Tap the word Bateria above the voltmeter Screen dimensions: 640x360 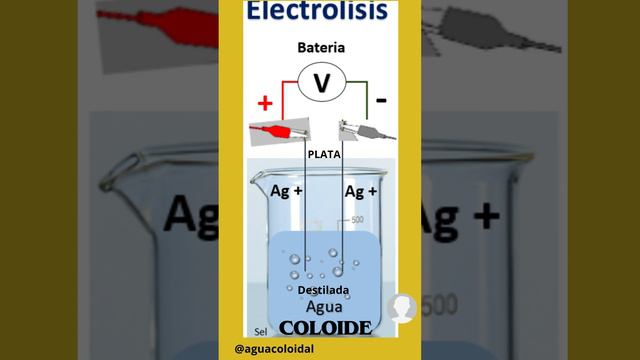tap(321, 47)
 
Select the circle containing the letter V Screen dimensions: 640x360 tap(322, 84)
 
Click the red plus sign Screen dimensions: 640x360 tap(265, 102)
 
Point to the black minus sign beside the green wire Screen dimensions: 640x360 tap(382, 101)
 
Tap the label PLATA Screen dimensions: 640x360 tap(325, 155)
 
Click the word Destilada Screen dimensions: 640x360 tap(322, 290)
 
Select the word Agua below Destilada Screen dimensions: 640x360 tap(324, 307)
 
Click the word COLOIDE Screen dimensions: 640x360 tap(326, 327)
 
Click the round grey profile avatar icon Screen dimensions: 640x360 tap(402, 307)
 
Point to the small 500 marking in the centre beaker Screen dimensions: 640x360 tap(355, 220)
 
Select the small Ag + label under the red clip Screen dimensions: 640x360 tap(287, 190)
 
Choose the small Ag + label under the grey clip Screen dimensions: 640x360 tap(360, 190)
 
